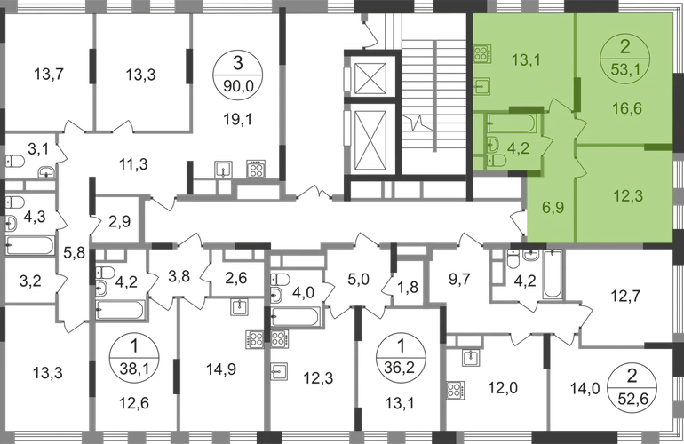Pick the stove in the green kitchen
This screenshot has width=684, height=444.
pos(483,54)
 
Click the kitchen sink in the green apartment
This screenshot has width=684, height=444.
pos(481,87)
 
